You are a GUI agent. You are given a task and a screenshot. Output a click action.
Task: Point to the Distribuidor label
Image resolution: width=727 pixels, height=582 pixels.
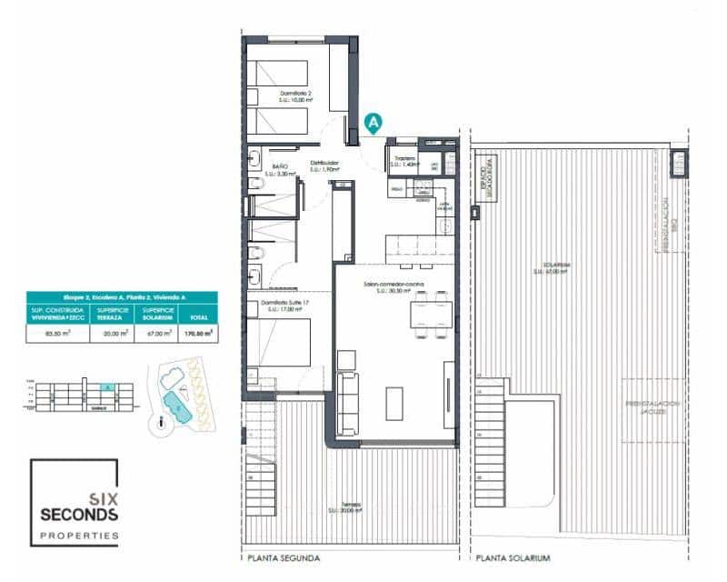[324, 166]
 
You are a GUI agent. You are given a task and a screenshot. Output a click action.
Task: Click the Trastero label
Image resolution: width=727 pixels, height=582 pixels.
[404, 159]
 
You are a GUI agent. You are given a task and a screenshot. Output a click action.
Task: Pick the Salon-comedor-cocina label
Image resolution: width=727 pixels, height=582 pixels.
[393, 285]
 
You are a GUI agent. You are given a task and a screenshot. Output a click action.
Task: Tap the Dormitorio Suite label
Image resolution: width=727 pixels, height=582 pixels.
[283, 303]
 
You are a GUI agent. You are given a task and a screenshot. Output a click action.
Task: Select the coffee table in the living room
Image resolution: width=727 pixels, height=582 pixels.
[395, 404]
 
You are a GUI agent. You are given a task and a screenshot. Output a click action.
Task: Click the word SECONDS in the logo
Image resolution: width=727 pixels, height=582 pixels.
[79, 515]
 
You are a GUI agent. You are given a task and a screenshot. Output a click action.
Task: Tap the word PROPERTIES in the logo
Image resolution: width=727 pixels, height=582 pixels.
[79, 537]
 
